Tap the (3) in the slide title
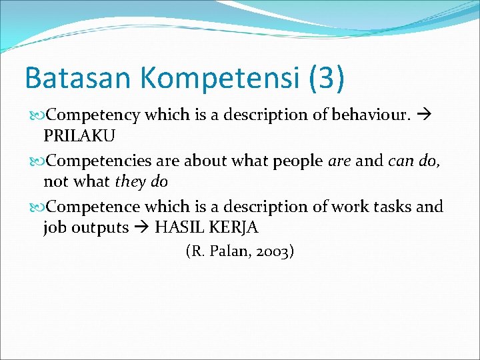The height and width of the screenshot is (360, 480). (327, 77)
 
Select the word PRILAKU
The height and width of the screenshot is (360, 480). (79, 136)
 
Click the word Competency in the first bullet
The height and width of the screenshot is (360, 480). (93, 115)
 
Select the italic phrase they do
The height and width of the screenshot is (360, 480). (141, 181)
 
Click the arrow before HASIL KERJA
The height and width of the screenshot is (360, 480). (142, 227)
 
